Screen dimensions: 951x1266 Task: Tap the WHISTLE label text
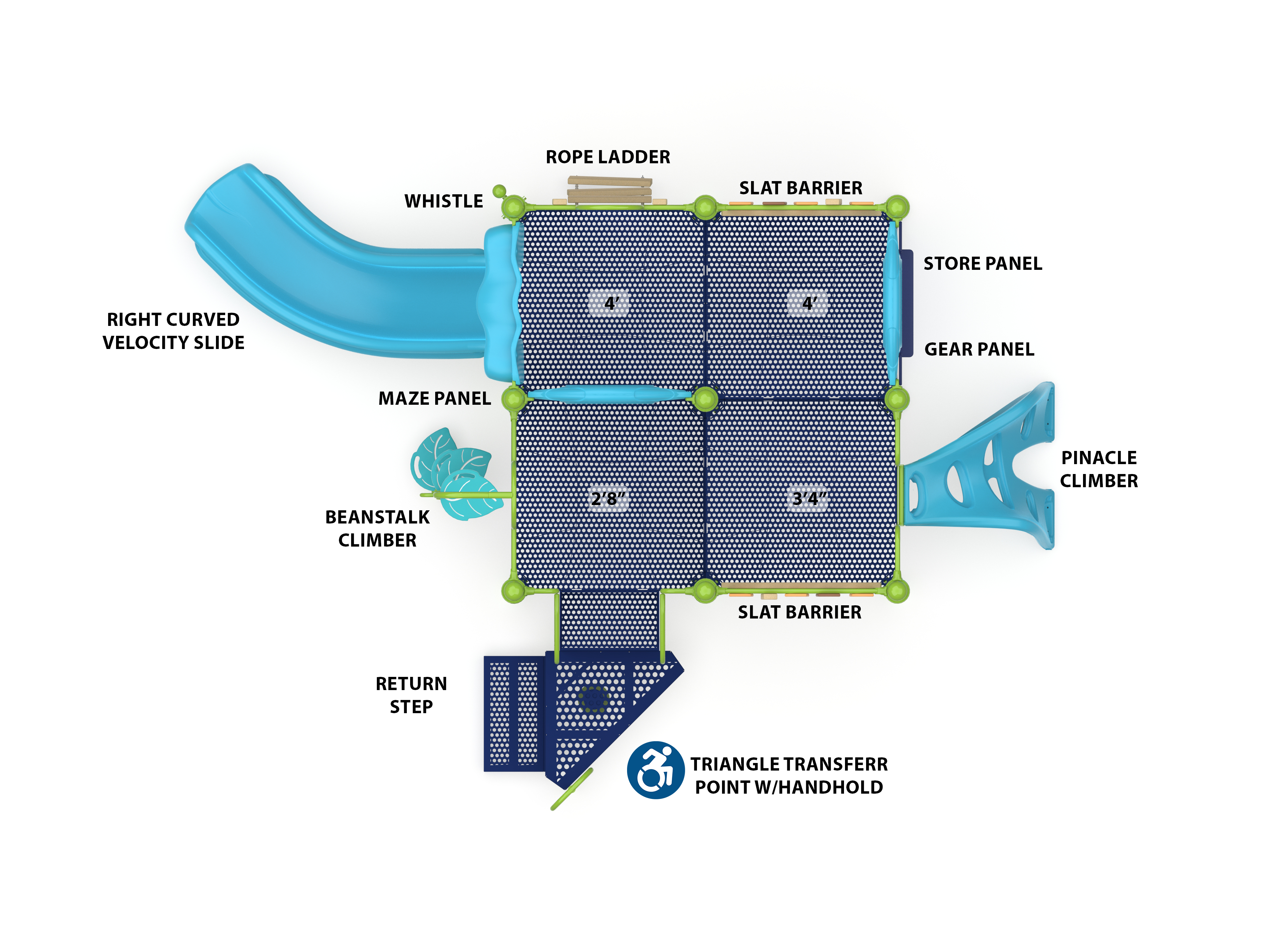[x=443, y=201]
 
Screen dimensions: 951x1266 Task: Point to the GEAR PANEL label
[x=979, y=349]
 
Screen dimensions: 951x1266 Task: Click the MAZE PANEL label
[x=435, y=398]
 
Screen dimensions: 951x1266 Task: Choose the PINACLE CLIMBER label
[x=1098, y=469]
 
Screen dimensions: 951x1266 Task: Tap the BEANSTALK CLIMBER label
[x=377, y=528]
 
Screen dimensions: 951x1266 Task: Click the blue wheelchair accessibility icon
[x=655, y=770]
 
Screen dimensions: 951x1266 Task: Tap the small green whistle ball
[x=499, y=191]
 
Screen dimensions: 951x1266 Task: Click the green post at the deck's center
[x=705, y=398]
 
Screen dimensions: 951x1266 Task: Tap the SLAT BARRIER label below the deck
[x=799, y=612]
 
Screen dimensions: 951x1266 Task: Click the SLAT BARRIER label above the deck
[x=800, y=188]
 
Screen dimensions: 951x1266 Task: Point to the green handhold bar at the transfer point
[x=571, y=790]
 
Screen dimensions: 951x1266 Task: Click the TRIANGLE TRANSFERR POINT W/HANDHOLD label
[x=789, y=776]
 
